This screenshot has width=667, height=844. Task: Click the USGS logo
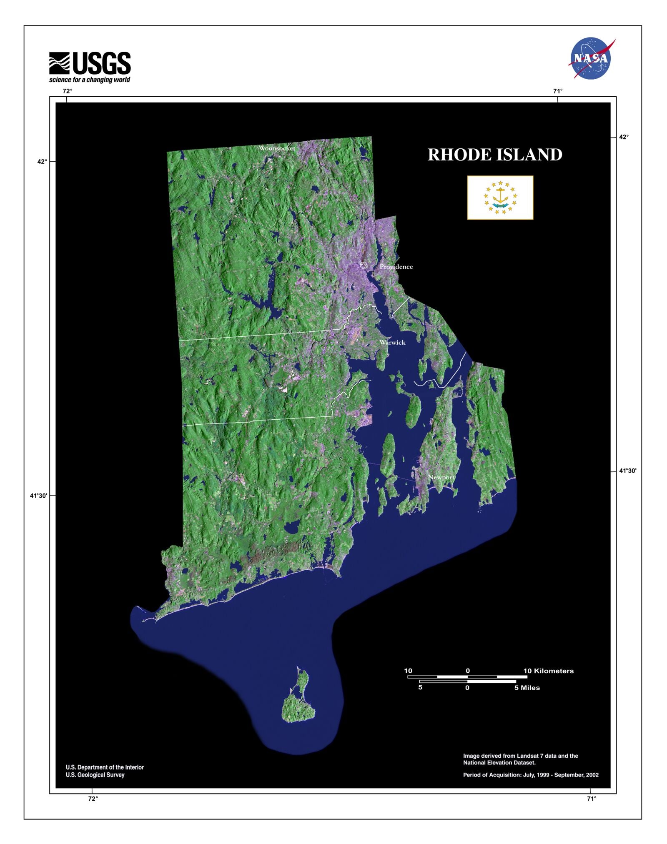pyautogui.click(x=90, y=63)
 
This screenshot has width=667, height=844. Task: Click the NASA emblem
pyautogui.click(x=591, y=58)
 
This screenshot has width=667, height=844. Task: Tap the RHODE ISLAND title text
pyautogui.click(x=495, y=155)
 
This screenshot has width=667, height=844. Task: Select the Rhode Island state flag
pyautogui.click(x=500, y=198)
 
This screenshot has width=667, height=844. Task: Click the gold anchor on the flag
pyautogui.click(x=500, y=195)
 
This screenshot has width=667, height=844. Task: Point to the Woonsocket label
pyautogui.click(x=277, y=148)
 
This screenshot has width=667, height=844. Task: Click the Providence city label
pyautogui.click(x=396, y=267)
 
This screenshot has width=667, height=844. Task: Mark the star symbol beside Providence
pyautogui.click(x=364, y=265)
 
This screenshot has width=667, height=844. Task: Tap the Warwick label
pyautogui.click(x=392, y=342)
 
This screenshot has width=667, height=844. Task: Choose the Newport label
pyautogui.click(x=441, y=477)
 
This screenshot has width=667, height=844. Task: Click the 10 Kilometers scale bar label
pyautogui.click(x=548, y=671)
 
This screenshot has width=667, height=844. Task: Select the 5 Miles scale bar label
pyautogui.click(x=527, y=688)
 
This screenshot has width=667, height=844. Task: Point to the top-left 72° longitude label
pyautogui.click(x=67, y=91)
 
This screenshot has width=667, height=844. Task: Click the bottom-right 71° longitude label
pyautogui.click(x=591, y=799)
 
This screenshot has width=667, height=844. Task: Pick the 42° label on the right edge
pyautogui.click(x=623, y=137)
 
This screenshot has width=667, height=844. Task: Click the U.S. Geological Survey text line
pyautogui.click(x=95, y=775)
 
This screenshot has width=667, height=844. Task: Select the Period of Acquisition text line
pyautogui.click(x=531, y=775)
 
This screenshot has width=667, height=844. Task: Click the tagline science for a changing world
pyautogui.click(x=90, y=80)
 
